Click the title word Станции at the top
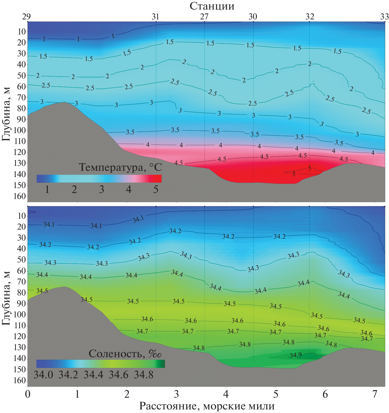212,6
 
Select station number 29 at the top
26,17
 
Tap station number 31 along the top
155,17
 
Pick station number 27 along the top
204,17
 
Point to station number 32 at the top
310,17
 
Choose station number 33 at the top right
384,17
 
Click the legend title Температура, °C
120,167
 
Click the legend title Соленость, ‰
125,354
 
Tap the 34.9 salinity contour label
296,355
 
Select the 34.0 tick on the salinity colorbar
43,375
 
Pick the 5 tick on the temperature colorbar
156,189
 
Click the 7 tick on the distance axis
375,394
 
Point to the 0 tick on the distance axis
28,394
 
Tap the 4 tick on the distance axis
226,394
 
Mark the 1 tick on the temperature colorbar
47,189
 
